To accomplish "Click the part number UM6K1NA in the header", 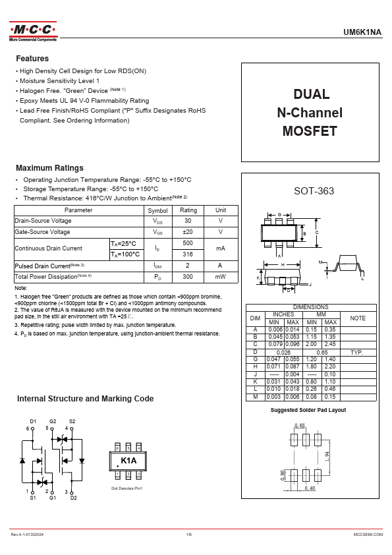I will pyautogui.click(x=363, y=32).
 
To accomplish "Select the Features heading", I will pyautogui.click(x=32, y=59).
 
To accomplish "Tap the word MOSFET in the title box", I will pyautogui.click(x=310, y=131).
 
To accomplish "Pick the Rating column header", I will pyautogui.click(x=188, y=210).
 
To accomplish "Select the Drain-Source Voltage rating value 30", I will pyautogui.click(x=188, y=221).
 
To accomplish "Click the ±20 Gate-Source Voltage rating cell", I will pyautogui.click(x=188, y=232).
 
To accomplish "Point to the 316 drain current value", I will pyautogui.click(x=188, y=254).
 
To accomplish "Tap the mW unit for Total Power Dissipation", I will pyautogui.click(x=221, y=277).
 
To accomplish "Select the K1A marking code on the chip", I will pyautogui.click(x=128, y=460).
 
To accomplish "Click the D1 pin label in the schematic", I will pyautogui.click(x=33, y=421).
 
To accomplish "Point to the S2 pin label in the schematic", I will pyautogui.click(x=72, y=421).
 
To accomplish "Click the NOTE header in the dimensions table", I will pyautogui.click(x=358, y=318).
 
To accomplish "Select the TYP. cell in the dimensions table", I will pyautogui.click(x=358, y=353).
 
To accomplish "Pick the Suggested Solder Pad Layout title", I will pyautogui.click(x=308, y=410).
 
